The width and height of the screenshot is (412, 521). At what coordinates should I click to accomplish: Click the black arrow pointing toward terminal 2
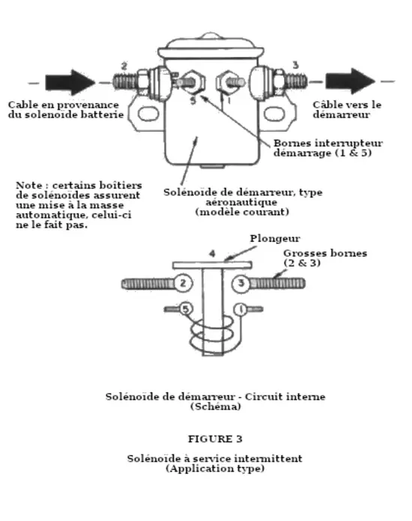pos(70,82)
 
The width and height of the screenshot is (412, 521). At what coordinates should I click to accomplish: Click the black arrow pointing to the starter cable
pos(350,81)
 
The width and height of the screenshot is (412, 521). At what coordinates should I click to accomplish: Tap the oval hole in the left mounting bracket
pos(148,114)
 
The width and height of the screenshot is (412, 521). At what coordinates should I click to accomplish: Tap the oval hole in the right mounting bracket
pos(274,114)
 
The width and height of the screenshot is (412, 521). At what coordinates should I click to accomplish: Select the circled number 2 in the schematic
pos(183,283)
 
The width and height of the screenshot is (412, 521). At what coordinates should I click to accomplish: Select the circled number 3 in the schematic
pos(240,284)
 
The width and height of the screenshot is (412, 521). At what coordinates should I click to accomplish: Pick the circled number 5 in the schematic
pos(186,309)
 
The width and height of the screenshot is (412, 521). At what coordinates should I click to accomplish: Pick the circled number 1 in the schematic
pos(240,309)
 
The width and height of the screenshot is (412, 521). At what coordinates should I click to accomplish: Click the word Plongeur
pos(275,239)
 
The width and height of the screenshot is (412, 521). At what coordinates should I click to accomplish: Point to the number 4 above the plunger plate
pos(212,254)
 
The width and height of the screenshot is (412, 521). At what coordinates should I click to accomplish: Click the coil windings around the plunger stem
pos(212,334)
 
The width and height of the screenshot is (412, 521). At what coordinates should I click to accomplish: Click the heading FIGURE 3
pos(215,439)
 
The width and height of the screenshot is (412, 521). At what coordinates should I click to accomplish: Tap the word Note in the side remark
pos(29,186)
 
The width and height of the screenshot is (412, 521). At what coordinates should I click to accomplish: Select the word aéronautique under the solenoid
pos(241,202)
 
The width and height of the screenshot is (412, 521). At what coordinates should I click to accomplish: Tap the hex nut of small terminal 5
pos(193,82)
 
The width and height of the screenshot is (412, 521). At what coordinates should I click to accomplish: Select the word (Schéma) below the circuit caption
pos(216,406)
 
